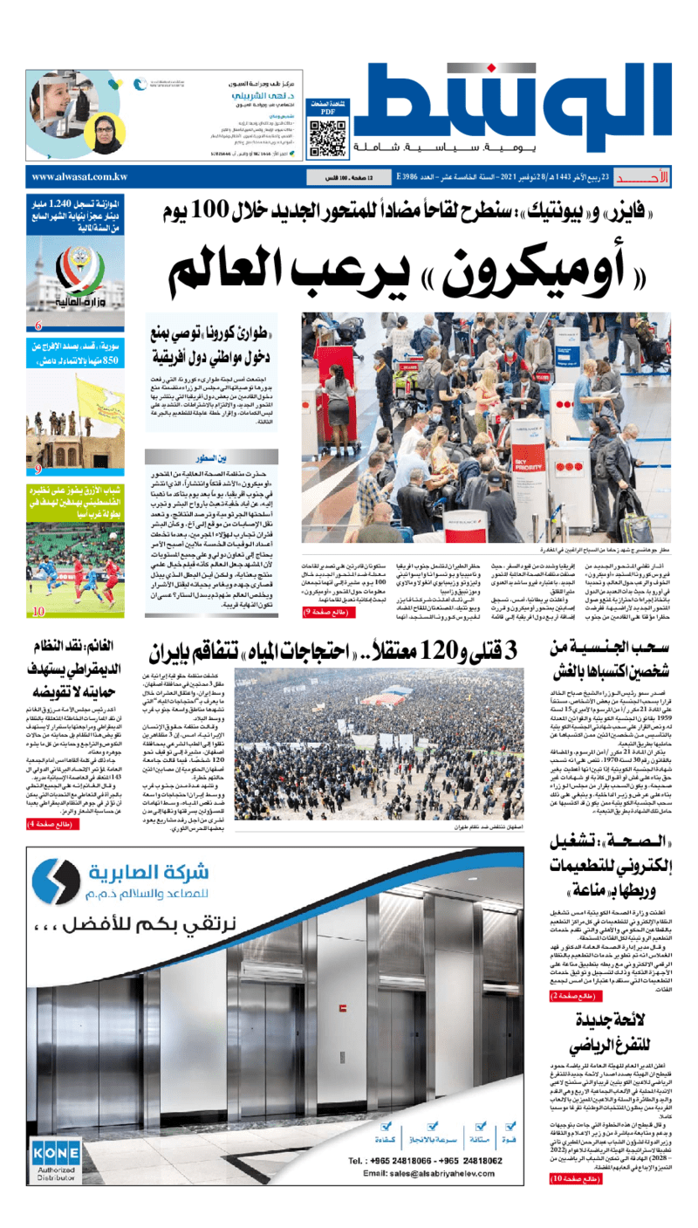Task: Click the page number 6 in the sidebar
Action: coord(38,326)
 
